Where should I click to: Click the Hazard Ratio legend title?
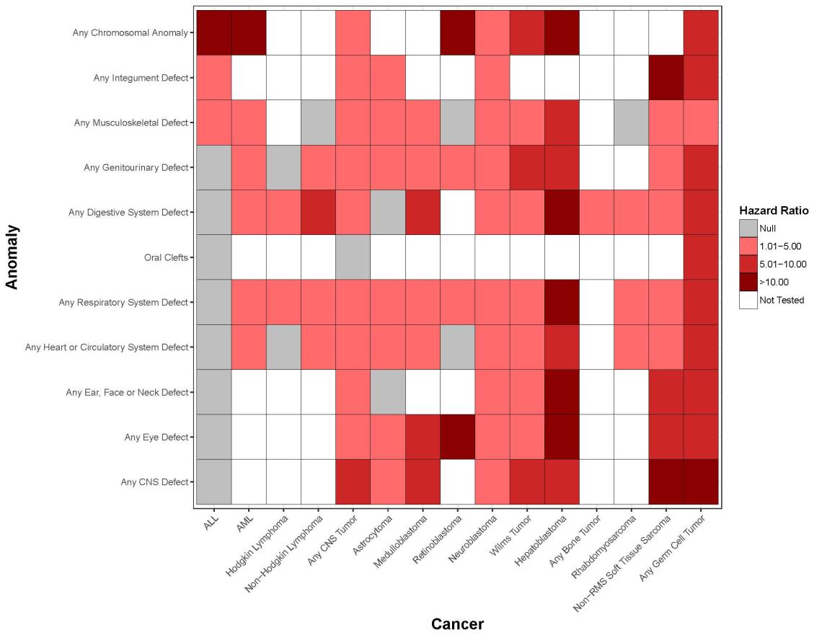(x=772, y=210)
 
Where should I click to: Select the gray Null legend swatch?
(x=748, y=228)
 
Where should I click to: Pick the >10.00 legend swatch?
(x=748, y=282)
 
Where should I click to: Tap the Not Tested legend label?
(x=782, y=300)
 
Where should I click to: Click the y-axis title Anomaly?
(x=12, y=257)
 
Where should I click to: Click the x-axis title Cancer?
(x=457, y=623)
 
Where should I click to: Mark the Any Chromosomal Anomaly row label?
(x=131, y=32)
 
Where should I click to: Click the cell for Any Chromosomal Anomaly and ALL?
(x=213, y=32)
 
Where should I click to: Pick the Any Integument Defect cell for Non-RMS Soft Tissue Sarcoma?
(x=667, y=77)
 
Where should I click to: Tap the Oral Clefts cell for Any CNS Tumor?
(x=353, y=257)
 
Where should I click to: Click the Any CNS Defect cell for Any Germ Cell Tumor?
(x=702, y=481)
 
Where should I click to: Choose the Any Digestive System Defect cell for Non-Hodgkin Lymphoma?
(x=318, y=212)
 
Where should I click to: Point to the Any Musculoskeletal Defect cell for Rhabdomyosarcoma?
(x=632, y=123)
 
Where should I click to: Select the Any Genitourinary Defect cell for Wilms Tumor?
(x=527, y=167)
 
